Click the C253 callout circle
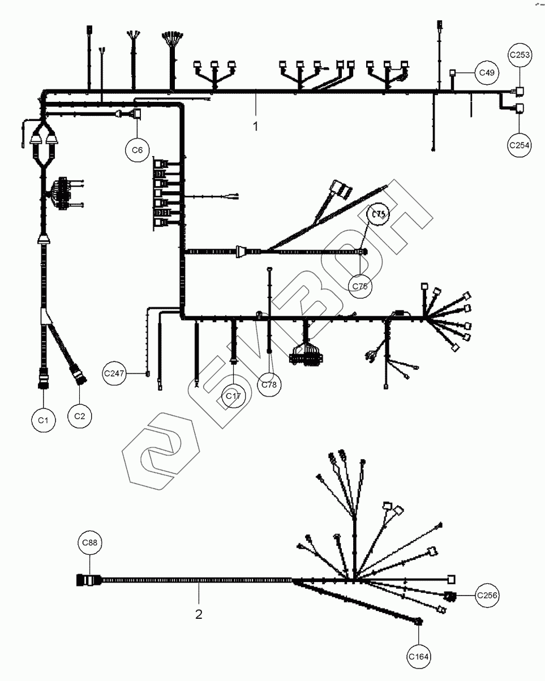coord(520,55)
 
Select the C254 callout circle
coord(520,145)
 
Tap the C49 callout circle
coord(486,72)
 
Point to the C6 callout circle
coord(137,150)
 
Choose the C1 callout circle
coord(44,420)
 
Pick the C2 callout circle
coord(79,416)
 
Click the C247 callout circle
coord(114,374)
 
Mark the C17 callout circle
coord(233,396)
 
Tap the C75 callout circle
coord(380,214)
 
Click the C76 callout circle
coord(360,286)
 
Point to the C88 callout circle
coord(89,543)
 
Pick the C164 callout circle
coord(419,657)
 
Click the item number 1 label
coord(255,126)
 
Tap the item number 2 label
coord(199,614)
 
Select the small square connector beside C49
coord(453,72)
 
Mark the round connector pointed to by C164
coord(419,622)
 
